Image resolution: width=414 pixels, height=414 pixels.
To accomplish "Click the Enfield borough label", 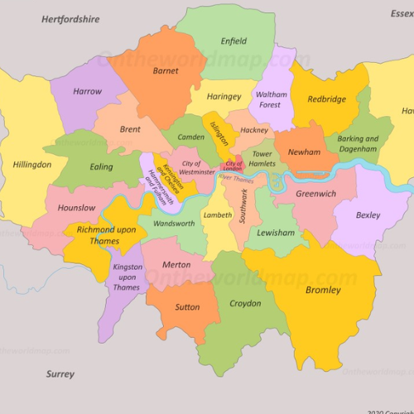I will pos(233,41).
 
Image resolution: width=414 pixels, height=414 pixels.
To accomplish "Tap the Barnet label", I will pos(166,71).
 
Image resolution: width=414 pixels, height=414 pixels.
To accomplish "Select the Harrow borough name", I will pos(88,92).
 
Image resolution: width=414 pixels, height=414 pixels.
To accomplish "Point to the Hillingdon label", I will pos(31,165).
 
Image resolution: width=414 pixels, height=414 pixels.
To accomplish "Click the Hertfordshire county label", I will pos(70,18).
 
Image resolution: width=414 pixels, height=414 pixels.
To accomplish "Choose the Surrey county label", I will pos(60,374).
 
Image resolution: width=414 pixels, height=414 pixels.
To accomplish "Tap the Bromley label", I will pos(323,291).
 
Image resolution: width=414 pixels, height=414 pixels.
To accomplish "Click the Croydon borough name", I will pos(245,304).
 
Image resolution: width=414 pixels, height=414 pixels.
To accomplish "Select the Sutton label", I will pos(187,307).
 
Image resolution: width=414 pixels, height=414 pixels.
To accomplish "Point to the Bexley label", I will pos(368,215).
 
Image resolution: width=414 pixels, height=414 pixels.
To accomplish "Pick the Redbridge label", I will pos(327,99).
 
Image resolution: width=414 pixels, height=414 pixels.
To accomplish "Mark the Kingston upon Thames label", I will pos(127,277).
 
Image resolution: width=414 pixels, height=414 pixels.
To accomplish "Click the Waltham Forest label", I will pos(271,99).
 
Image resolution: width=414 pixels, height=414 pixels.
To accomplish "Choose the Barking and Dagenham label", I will pos(358,144).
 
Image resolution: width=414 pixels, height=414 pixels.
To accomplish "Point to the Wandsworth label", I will pos(174,224).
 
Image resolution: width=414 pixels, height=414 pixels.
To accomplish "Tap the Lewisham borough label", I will pos(276,233).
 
